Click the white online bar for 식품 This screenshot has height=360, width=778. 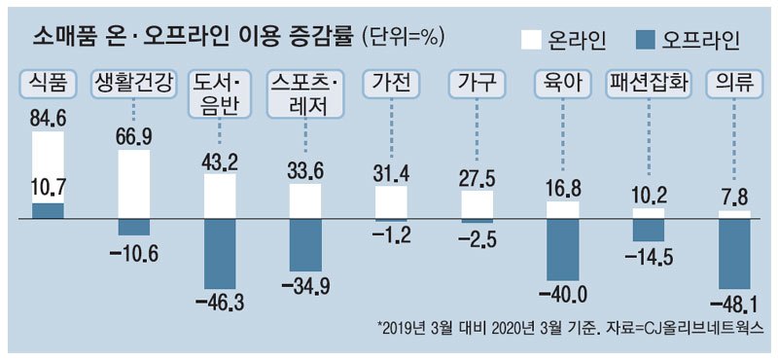[x=48, y=165]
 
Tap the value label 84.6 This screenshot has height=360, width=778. [x=48, y=121]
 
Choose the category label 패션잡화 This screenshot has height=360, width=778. [x=648, y=84]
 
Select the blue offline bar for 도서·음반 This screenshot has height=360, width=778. [x=221, y=254]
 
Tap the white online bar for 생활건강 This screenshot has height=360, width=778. [x=134, y=185]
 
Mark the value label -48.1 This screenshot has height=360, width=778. [x=735, y=302]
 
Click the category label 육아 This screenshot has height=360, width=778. [x=563, y=84]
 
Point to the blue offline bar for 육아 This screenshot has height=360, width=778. [x=563, y=250]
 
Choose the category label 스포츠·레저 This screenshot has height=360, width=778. [x=305, y=92]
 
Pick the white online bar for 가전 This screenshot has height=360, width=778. [x=391, y=202]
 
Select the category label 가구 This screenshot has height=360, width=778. [x=477, y=84]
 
